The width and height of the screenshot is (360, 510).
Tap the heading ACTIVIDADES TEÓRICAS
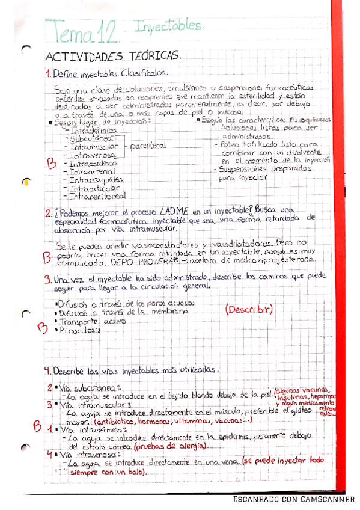coord(113,55)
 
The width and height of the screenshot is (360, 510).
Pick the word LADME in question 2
coord(174,212)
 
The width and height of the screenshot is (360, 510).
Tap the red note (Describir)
coord(249,310)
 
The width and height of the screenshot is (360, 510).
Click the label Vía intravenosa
coord(91,456)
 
